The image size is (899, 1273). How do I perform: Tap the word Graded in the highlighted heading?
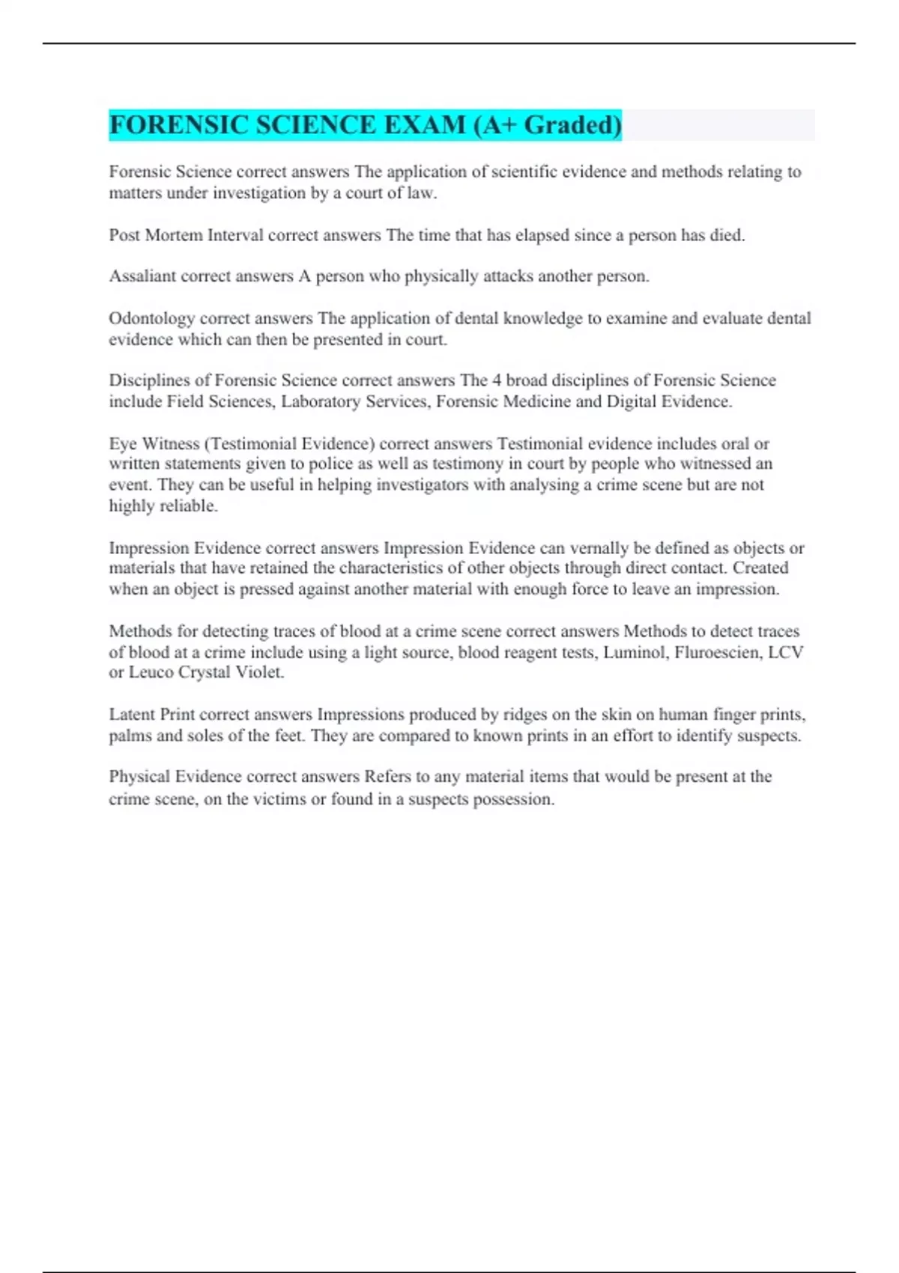[x=572, y=124]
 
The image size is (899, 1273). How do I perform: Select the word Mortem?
[x=173, y=235]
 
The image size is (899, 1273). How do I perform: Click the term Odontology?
[x=151, y=318]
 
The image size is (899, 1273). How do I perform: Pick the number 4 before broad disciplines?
[x=497, y=380]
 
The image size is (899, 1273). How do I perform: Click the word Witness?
[x=170, y=443]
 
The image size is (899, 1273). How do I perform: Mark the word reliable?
[x=188, y=505]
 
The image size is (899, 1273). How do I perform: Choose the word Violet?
[x=260, y=672]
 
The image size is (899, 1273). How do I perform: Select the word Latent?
[x=132, y=714]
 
